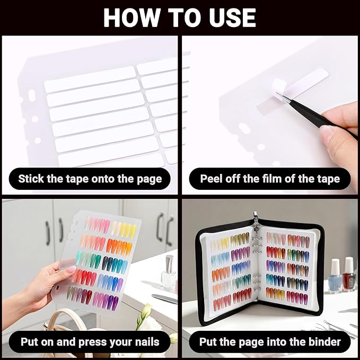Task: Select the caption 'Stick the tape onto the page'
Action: pyautogui.click(x=90, y=178)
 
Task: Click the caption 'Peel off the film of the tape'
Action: pyautogui.click(x=270, y=178)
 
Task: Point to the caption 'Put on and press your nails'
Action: pyautogui.click(x=90, y=341)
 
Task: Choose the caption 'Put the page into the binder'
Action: pyautogui.click(x=270, y=341)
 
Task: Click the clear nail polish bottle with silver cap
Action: pyautogui.click(x=169, y=274)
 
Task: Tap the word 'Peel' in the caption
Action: pyautogui.click(x=212, y=178)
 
